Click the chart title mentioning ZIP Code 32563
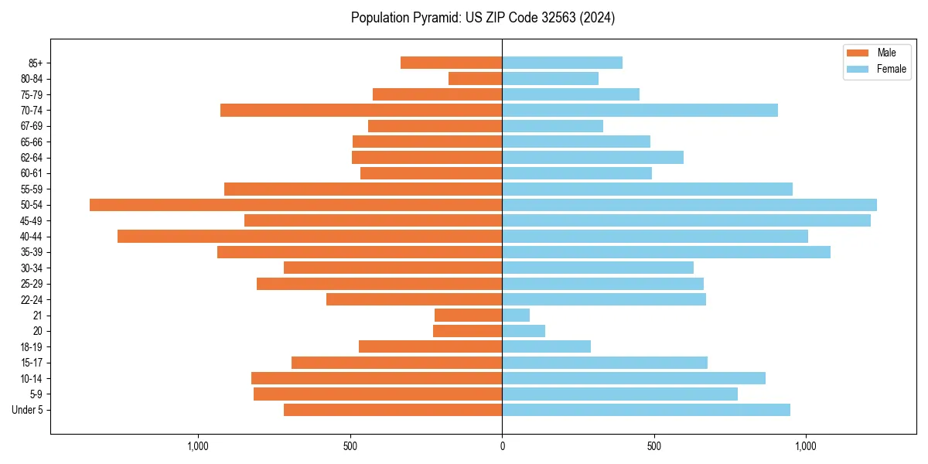483,18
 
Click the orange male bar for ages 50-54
295,205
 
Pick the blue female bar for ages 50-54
689,205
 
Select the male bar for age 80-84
475,78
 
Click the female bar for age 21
516,315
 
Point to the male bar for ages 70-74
361,110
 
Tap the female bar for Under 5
646,410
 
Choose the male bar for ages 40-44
309,236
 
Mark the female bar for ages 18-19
546,346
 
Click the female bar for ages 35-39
666,252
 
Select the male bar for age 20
467,331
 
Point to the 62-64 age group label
31,157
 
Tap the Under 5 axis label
27,410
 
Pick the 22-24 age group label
31,299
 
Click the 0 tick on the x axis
502,446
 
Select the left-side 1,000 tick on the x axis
198,446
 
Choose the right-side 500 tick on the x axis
654,446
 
